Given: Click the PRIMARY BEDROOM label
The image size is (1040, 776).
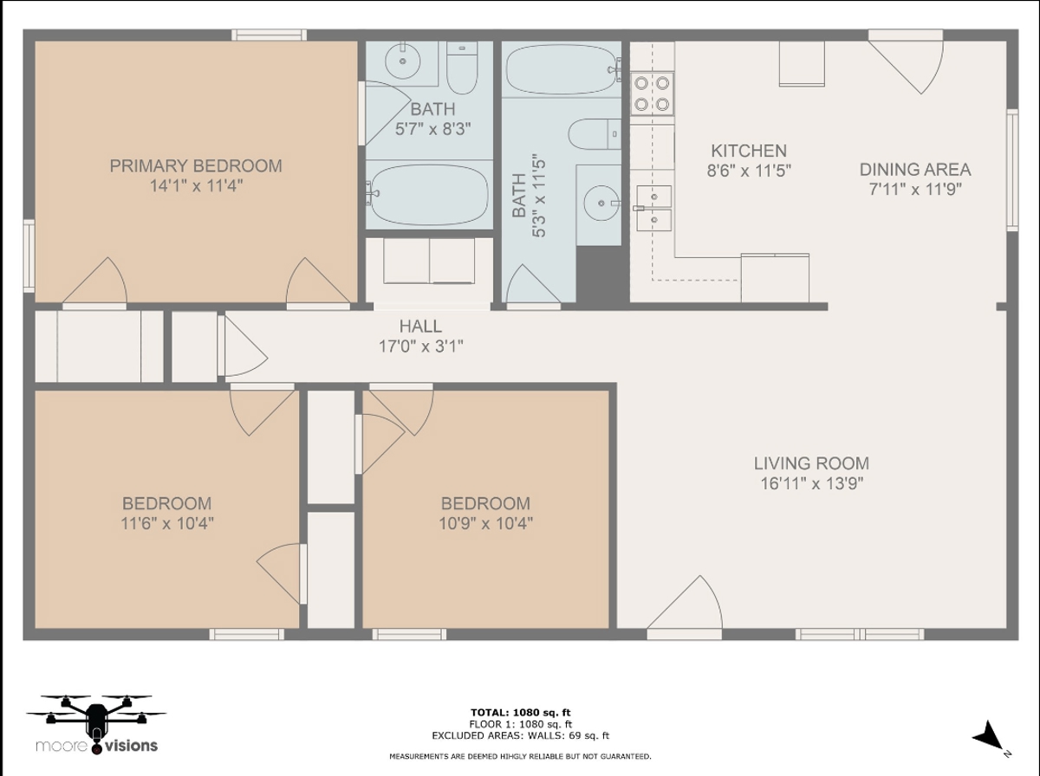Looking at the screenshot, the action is tap(196, 165).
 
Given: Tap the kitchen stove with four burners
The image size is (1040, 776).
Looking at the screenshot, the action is tap(652, 94).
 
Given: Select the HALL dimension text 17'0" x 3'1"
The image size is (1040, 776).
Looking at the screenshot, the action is tap(420, 346).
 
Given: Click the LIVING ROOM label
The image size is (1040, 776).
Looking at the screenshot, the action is tap(811, 463).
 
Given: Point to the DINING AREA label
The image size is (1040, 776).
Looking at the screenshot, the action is tap(915, 170).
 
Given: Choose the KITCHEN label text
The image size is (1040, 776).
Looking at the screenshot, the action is tap(749, 151).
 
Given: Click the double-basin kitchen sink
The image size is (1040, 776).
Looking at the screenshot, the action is tap(653, 209).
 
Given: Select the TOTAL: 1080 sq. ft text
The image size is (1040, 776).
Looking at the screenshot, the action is tap(520, 712).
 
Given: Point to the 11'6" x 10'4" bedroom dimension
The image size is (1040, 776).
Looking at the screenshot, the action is tap(166, 524).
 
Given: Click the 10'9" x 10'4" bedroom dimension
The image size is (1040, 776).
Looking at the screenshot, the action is tap(485, 524).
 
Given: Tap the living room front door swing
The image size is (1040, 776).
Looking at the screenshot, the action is tap(686, 606).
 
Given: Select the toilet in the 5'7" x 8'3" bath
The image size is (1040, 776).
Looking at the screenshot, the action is tap(462, 68).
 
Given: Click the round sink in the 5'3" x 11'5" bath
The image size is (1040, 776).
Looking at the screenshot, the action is tap(601, 204).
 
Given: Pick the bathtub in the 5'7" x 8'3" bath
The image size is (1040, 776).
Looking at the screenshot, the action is tap(428, 195).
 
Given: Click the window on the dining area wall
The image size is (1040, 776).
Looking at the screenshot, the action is tap(1012, 170).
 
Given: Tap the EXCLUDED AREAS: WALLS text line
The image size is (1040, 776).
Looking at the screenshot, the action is tap(520, 736).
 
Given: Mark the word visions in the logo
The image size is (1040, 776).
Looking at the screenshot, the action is tap(131, 746).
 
